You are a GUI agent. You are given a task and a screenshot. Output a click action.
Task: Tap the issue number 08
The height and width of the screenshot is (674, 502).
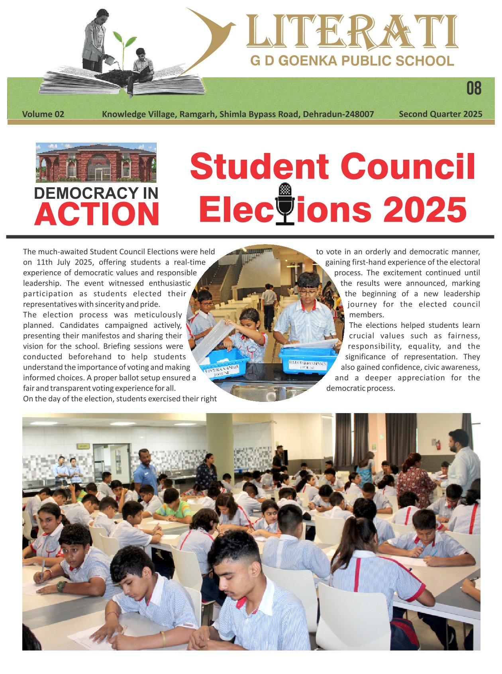pos(474,88)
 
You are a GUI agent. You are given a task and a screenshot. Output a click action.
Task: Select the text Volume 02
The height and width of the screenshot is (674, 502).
pos(43,114)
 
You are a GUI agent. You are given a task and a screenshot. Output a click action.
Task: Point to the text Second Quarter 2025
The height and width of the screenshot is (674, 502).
pos(440,114)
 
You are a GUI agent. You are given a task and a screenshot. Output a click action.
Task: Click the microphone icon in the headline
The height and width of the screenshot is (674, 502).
pos(284,204)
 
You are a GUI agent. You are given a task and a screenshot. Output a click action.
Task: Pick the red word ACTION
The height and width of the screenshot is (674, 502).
pos(97,214)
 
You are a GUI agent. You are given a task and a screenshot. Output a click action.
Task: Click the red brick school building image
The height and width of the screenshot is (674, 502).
pos(96,163)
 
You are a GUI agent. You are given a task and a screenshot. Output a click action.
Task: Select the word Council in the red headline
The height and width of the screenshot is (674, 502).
pos(408,167)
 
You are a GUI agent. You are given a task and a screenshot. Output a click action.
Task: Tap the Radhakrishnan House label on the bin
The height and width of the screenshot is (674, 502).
pos(308,364)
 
